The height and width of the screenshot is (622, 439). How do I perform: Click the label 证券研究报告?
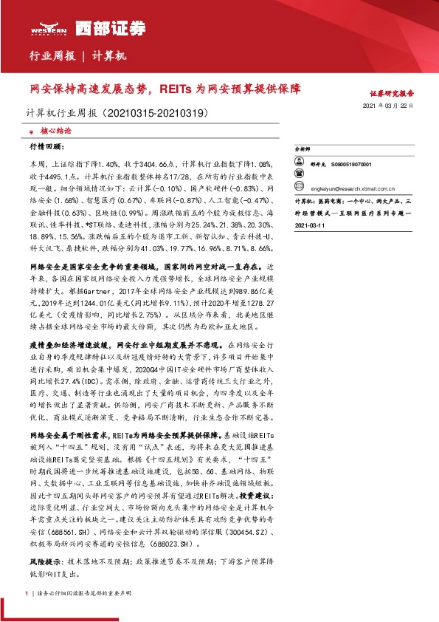click(392, 95)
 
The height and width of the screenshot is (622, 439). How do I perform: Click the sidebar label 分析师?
click(303, 148)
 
